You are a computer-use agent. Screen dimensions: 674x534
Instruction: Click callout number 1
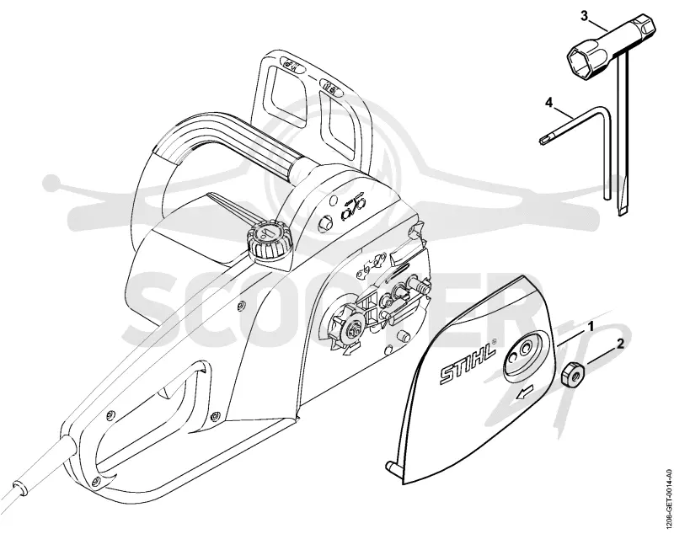(591, 327)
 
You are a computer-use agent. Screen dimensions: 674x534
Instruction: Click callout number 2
(620, 344)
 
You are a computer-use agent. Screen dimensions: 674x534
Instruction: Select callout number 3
(585, 16)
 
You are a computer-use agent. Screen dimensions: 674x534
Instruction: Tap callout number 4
(548, 103)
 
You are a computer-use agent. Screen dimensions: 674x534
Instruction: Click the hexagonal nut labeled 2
(572, 373)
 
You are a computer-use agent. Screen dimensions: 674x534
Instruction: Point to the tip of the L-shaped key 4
(542, 139)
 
